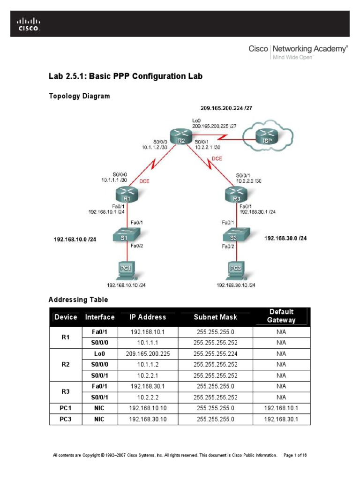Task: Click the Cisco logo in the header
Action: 29,24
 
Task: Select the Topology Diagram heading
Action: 80,96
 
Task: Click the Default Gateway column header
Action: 281,316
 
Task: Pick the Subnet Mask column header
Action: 216,317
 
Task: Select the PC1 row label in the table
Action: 66,408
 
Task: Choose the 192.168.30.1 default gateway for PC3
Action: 281,419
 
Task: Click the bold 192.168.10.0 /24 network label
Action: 75,239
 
